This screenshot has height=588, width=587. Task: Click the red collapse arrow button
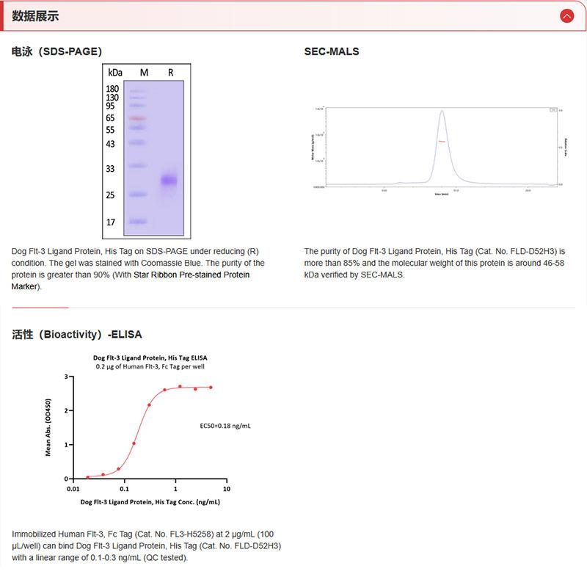pyautogui.click(x=566, y=16)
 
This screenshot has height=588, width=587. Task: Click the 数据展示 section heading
pyautogui.click(x=36, y=16)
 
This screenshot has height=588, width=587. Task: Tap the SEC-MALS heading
pyautogui.click(x=332, y=51)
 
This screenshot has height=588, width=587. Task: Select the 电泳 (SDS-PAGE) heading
pyautogui.click(x=56, y=51)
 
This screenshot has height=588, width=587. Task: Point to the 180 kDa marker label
pyautogui.click(x=112, y=89)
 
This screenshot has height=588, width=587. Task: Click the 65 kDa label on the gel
pyautogui.click(x=110, y=117)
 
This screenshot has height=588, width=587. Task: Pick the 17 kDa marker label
pyautogui.click(x=110, y=222)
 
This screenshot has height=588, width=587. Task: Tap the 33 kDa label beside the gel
pyautogui.click(x=110, y=169)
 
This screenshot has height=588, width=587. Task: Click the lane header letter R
pyautogui.click(x=170, y=73)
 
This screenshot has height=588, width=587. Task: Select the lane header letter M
pyautogui.click(x=144, y=73)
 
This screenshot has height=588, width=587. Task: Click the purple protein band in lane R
pyautogui.click(x=169, y=180)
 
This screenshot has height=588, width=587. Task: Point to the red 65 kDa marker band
pyautogui.click(x=137, y=117)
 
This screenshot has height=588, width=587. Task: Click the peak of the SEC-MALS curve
pyautogui.click(x=442, y=112)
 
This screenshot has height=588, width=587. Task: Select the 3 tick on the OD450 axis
pyautogui.click(x=66, y=377)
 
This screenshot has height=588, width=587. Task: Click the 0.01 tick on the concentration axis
pyautogui.click(x=73, y=489)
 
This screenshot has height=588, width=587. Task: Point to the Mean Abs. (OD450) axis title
pyautogui.click(x=48, y=427)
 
